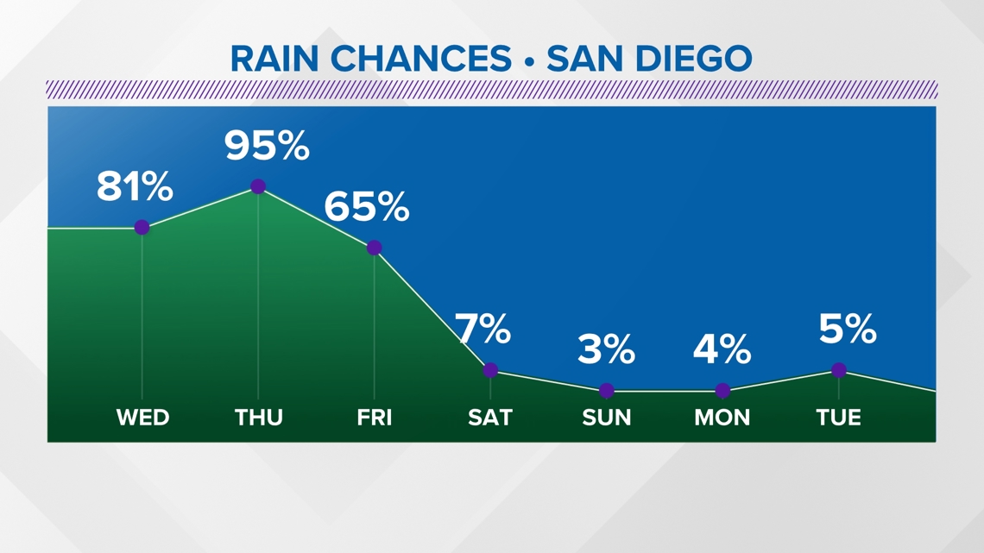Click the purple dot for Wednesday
(x=142, y=228)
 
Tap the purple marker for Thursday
(x=258, y=186)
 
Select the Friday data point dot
(x=374, y=248)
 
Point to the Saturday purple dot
(x=490, y=370)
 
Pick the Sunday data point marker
(x=607, y=391)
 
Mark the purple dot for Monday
(x=722, y=391)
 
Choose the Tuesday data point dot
(x=839, y=370)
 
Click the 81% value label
(x=135, y=187)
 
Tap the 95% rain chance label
(x=267, y=146)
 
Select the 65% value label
(x=366, y=207)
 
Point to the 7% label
(x=483, y=330)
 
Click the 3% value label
(x=606, y=350)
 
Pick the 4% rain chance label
(x=722, y=350)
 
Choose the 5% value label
(x=848, y=330)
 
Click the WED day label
(x=142, y=418)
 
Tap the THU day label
(x=258, y=418)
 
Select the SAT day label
(x=490, y=418)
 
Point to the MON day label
(x=722, y=418)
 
